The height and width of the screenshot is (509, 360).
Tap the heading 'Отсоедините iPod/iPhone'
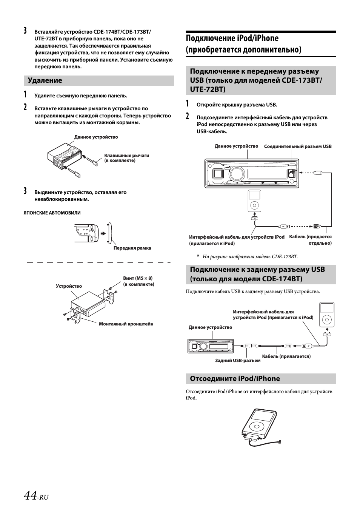pos(235,379)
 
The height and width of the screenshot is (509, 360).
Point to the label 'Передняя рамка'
pos(132,248)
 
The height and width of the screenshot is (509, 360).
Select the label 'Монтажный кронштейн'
pos(126,324)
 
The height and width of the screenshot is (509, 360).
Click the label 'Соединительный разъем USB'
pos(297,147)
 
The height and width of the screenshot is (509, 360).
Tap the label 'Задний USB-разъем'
pos(238,361)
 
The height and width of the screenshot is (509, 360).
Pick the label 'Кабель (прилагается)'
pos(286,356)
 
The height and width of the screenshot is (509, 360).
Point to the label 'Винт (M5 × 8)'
pos(138,278)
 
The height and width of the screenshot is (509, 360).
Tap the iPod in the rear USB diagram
pos(327,315)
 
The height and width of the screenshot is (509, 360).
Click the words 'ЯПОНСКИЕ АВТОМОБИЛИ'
pos(52,213)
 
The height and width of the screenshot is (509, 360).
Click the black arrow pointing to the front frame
pos(103,233)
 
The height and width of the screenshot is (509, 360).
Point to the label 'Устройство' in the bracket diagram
pos(69,286)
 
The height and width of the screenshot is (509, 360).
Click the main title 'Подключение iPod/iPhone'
pos(232,39)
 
